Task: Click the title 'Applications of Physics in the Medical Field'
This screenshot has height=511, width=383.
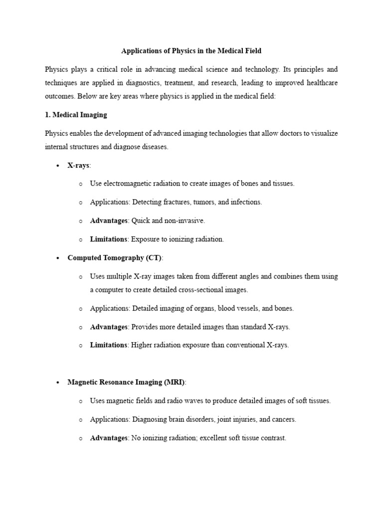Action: (x=191, y=50)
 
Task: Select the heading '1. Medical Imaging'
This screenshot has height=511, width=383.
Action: (x=76, y=114)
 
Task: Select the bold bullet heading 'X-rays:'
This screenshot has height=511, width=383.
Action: (x=79, y=165)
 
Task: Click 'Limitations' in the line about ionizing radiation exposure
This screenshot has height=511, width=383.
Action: (x=108, y=239)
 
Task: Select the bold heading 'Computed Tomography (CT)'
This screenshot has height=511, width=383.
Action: (x=115, y=257)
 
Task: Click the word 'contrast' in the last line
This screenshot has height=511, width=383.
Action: (x=273, y=438)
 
